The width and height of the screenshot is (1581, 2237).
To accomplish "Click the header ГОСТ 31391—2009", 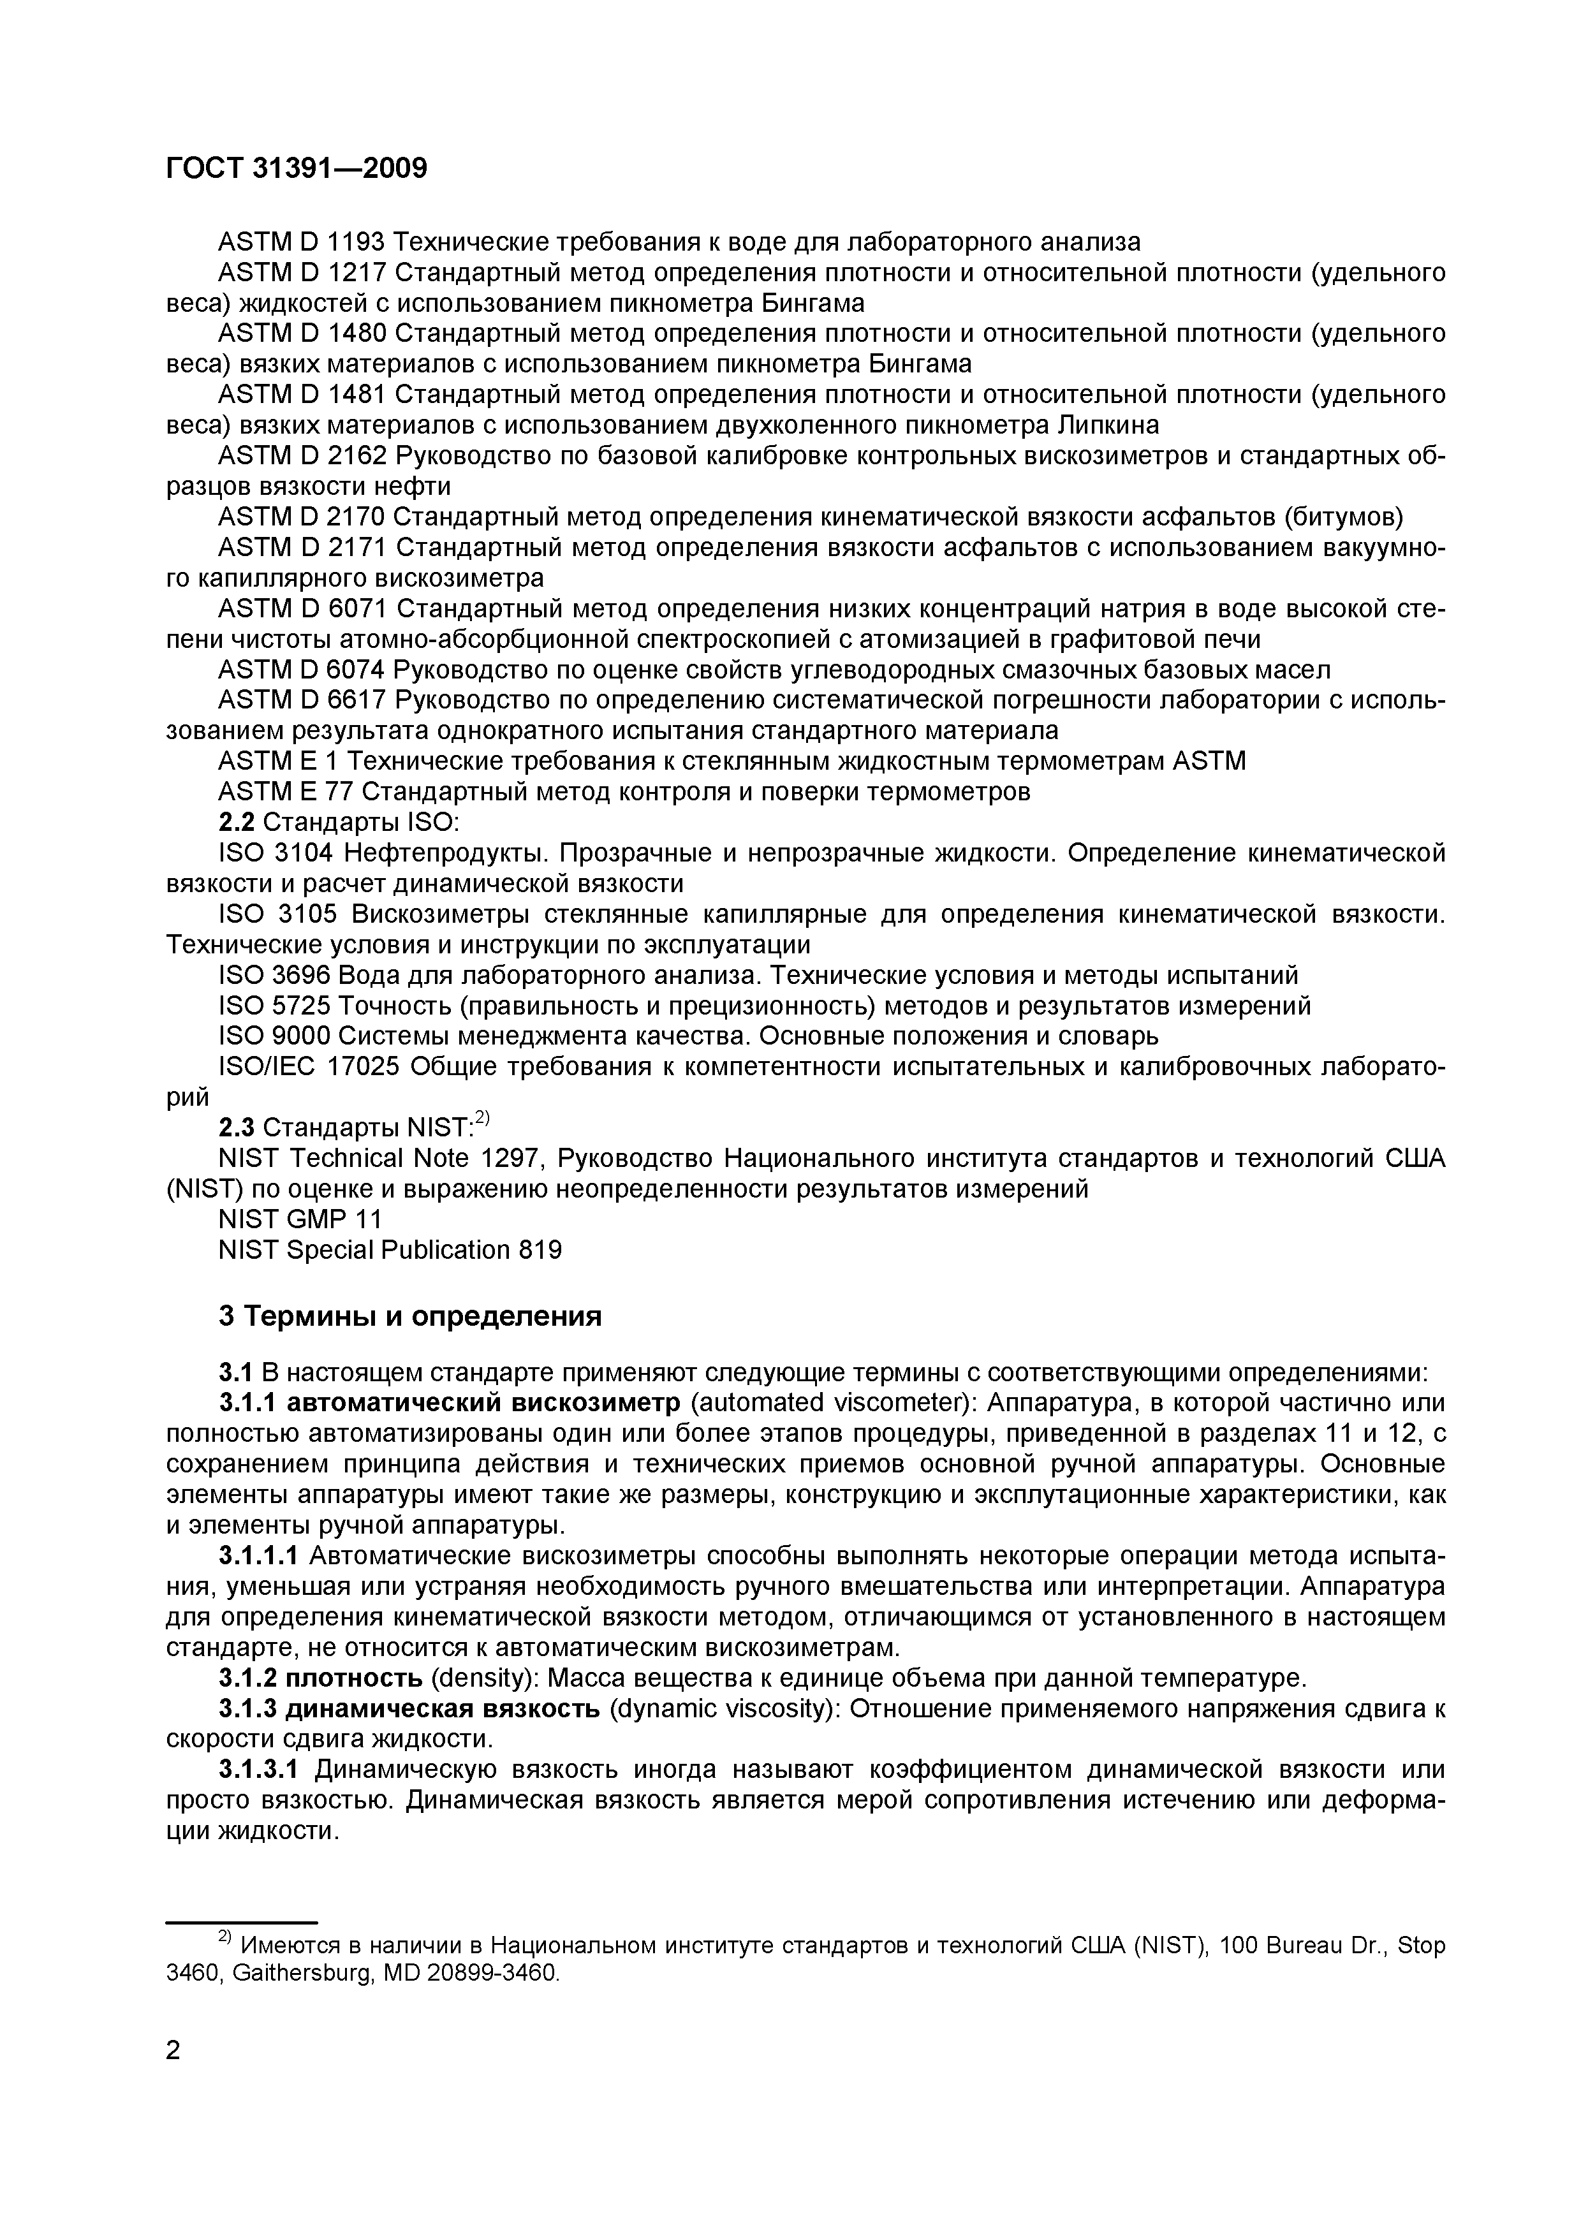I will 296,168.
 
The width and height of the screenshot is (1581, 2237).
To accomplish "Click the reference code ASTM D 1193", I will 303,242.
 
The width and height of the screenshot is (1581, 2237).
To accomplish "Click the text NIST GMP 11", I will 300,1220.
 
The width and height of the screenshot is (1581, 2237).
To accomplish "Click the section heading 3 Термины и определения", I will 409,1317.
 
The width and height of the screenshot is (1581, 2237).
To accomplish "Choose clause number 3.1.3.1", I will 258,1770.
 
